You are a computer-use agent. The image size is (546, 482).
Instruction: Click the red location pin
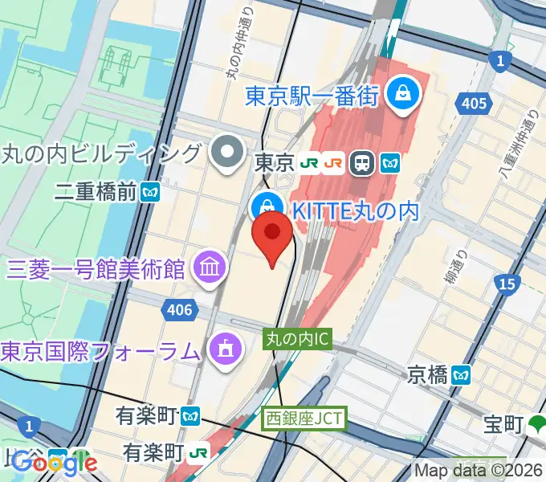pos(272,235)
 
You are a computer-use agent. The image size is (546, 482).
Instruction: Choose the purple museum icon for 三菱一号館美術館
pos(211,266)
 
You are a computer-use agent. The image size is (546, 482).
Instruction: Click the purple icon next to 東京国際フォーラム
pos(222,349)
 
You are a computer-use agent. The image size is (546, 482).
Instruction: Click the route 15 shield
pos(507,283)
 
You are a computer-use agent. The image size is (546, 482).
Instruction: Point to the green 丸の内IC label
pos(297,340)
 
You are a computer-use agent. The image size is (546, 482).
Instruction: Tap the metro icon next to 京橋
pos(461,374)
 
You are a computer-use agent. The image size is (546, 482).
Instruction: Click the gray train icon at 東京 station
pos(362,163)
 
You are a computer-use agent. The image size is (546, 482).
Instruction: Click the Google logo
pos(55,462)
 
